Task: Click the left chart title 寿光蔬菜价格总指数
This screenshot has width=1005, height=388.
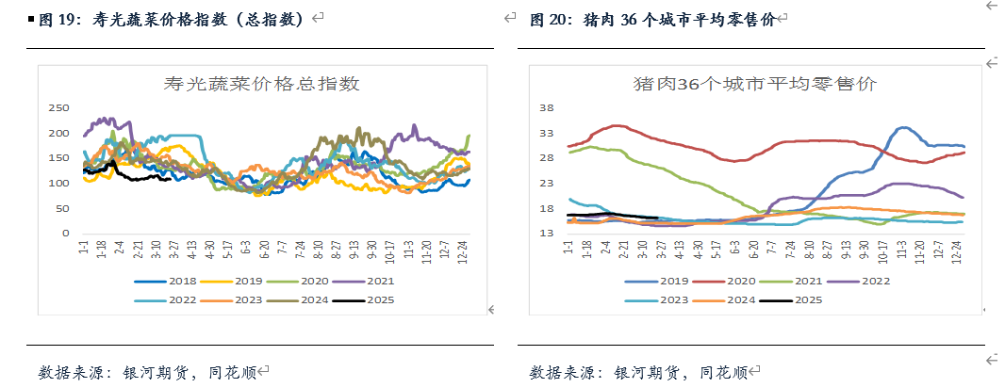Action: [x=262, y=84]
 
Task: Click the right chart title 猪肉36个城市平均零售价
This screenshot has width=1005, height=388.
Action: [x=754, y=84]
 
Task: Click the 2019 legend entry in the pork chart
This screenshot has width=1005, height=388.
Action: [x=665, y=281]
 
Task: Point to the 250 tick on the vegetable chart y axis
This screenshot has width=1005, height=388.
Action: [x=58, y=107]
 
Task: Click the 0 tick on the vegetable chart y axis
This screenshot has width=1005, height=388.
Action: [x=66, y=233]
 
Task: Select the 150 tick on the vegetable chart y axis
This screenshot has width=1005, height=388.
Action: [x=58, y=157]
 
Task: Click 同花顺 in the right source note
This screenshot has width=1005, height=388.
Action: [x=723, y=371]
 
